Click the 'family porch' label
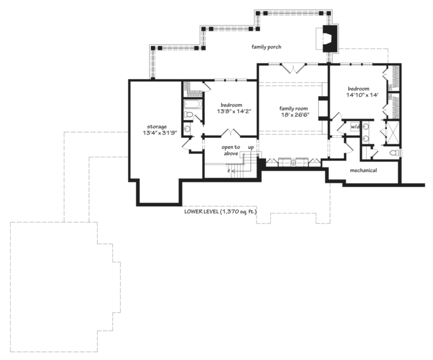(266, 47)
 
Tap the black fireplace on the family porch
(330, 39)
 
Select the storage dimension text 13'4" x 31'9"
(160, 133)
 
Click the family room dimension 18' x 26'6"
(295, 115)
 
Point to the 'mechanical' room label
(363, 170)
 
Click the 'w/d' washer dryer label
(355, 127)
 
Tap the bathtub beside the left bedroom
(193, 104)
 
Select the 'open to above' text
(231, 150)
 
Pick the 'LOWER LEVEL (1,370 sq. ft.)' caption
(221, 212)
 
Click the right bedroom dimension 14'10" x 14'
(362, 95)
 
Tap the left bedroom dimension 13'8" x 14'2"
(234, 111)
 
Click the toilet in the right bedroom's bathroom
(394, 153)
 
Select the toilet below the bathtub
(189, 114)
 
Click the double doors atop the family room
(293, 68)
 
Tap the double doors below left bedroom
(231, 132)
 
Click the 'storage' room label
(157, 127)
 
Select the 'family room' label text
(293, 109)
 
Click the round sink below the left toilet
(187, 128)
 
